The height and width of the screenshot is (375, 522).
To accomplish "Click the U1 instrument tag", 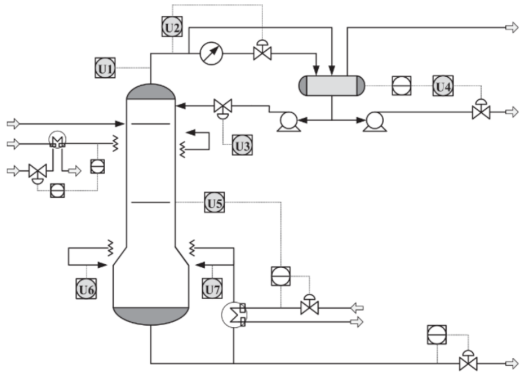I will [104, 68].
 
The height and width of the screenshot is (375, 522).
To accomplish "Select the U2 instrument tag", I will [172, 27].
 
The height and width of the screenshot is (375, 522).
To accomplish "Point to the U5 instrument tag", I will [215, 202].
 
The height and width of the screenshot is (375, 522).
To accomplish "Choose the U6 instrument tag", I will [87, 288].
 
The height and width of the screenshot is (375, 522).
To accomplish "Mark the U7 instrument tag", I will [213, 288].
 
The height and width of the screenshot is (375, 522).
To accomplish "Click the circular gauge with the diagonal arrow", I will [211, 53].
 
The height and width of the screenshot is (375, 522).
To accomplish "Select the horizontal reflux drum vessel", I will [332, 86].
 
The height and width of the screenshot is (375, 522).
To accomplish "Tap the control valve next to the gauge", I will [261, 52].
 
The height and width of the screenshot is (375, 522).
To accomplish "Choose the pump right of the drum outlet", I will [374, 121].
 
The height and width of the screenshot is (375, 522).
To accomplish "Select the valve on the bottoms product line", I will [468, 363].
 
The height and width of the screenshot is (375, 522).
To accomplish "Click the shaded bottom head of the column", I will [151, 315].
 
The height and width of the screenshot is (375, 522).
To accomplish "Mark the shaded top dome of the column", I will [151, 92].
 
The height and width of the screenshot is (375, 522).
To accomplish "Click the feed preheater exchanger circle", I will [58, 141].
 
